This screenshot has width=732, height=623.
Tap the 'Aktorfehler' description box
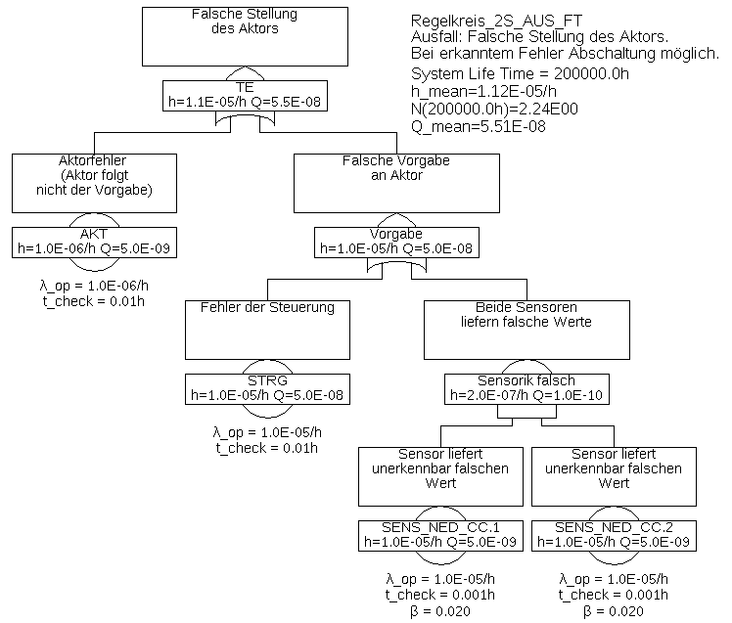click(x=95, y=182)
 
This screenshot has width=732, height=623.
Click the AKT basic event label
click(x=95, y=242)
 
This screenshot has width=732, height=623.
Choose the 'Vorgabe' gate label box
click(x=396, y=242)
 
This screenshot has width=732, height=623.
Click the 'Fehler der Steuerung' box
click(x=267, y=329)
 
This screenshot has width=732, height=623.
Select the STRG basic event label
click(x=268, y=388)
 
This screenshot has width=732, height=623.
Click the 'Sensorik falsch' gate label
click(x=526, y=388)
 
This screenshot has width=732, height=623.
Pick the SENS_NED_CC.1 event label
click(x=439, y=534)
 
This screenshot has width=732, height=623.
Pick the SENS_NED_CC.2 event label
click(x=614, y=534)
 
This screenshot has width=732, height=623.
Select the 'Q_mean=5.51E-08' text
click(x=479, y=126)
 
